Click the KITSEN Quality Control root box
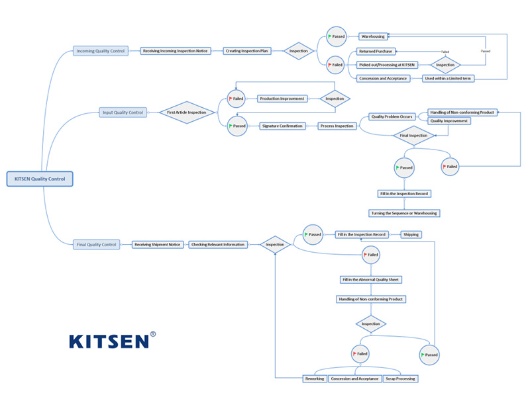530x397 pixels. [x=40, y=179]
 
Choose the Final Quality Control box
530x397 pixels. [x=97, y=244]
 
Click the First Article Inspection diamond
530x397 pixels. [x=186, y=112]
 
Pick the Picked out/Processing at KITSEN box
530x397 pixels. [x=387, y=65]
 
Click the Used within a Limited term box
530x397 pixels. [x=449, y=78]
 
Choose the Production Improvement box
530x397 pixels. [x=282, y=99]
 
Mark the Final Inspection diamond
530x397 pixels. [x=414, y=135]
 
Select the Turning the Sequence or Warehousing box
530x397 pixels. [x=404, y=213]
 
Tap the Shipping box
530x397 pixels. [x=411, y=234]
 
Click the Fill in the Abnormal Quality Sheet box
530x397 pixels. [x=371, y=279]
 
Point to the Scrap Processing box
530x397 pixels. [x=401, y=378]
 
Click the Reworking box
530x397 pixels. [x=315, y=378]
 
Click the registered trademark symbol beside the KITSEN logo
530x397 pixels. [x=154, y=335]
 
